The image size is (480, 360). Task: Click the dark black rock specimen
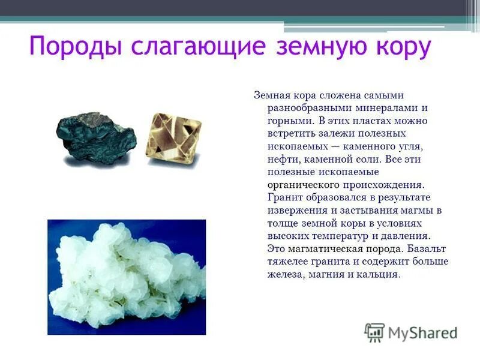coord(96,139)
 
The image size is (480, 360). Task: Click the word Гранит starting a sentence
coord(284,197)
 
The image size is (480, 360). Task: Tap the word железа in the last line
coord(284,275)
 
